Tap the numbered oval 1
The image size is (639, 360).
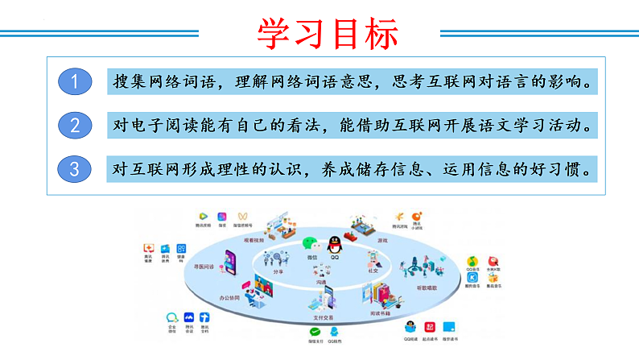pos(75,81)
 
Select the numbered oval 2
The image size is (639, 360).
pos(75,126)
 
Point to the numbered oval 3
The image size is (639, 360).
pos(75,170)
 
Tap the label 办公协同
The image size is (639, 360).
pos(231,297)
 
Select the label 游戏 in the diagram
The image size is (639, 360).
pos(382,240)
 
